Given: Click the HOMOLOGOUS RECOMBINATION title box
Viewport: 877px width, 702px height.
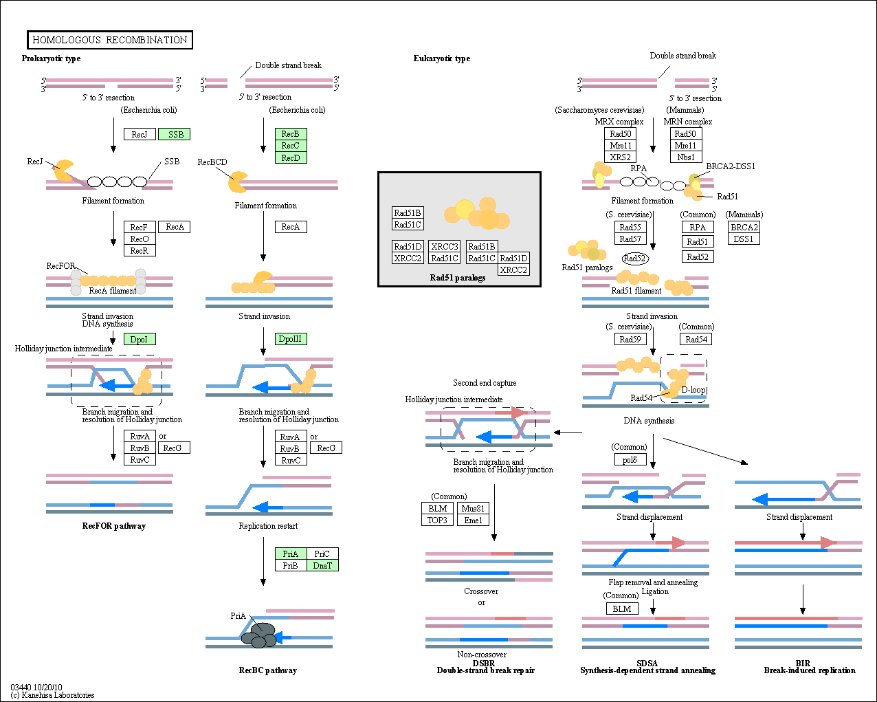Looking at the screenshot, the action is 110,40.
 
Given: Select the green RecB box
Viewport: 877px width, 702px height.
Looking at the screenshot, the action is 291,133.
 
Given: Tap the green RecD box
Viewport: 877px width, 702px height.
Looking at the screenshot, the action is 291,157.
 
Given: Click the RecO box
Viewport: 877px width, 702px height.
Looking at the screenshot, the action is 140,239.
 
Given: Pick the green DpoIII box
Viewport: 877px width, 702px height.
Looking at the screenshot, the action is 291,339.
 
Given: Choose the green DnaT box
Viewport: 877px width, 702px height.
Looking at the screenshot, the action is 322,565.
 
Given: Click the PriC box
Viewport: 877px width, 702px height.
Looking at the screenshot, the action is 322,553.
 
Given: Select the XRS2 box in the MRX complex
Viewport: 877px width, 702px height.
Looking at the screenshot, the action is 620,157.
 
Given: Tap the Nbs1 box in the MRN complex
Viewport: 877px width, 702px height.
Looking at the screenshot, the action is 686,157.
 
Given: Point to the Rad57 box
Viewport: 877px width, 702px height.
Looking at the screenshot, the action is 630,239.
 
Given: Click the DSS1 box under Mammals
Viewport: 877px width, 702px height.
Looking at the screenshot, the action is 744,239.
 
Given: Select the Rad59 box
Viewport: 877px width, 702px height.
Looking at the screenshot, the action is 630,339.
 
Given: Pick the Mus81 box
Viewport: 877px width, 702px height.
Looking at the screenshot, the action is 473,508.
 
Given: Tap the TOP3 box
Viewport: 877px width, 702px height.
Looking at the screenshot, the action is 437,520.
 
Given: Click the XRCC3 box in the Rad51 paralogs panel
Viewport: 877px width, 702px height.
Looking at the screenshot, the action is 445,246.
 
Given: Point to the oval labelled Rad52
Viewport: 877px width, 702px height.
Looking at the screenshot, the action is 635,258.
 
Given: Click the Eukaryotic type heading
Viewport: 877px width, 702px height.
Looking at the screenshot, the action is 442,58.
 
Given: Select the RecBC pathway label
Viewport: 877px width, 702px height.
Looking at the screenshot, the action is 268,670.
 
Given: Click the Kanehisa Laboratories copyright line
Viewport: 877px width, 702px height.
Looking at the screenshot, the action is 52,695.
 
